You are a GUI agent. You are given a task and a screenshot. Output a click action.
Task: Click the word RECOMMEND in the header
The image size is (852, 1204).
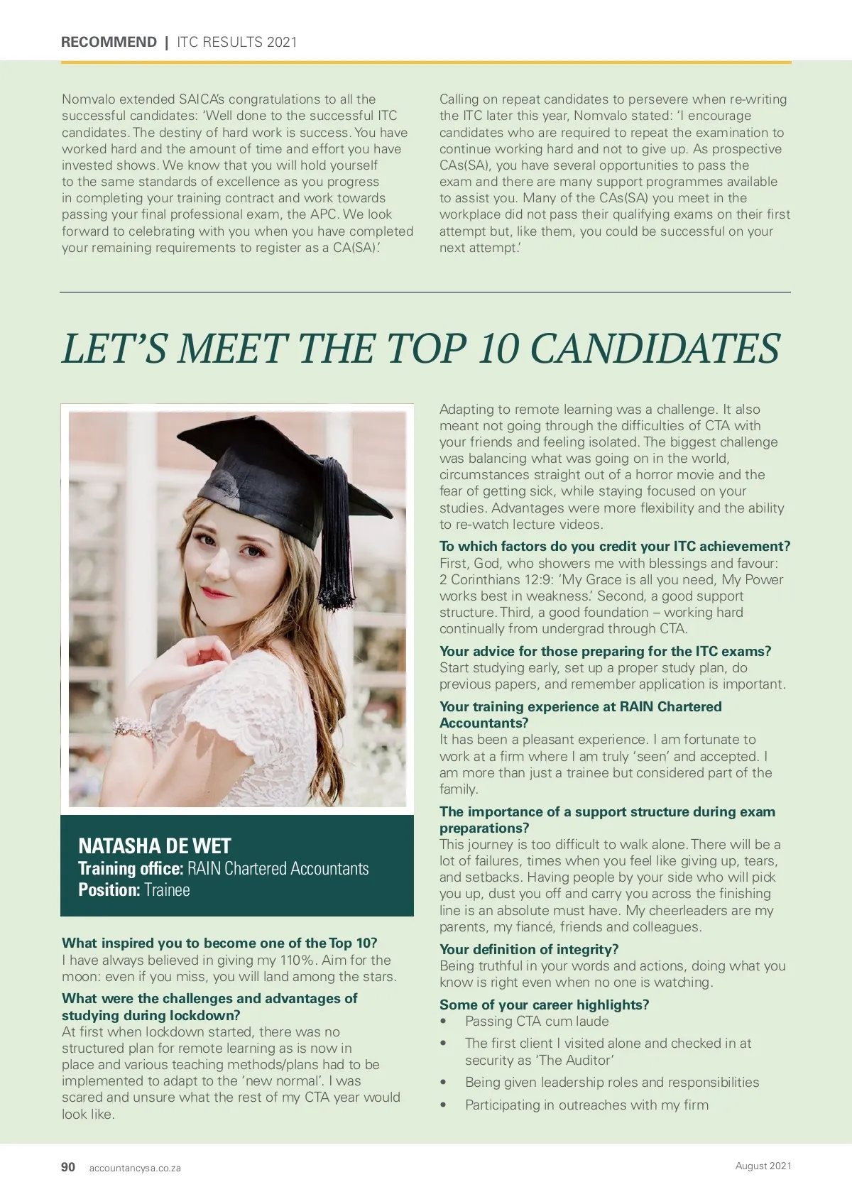[109, 42]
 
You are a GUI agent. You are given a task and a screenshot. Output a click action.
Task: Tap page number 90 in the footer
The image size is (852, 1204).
[68, 1167]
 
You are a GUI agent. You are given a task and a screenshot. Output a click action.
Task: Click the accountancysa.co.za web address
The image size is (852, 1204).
[135, 1169]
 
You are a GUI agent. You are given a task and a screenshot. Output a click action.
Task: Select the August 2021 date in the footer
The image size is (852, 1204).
[763, 1166]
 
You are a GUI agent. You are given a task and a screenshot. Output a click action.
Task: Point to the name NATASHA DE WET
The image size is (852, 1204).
[155, 846]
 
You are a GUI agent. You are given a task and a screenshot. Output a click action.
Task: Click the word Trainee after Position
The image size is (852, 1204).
[167, 890]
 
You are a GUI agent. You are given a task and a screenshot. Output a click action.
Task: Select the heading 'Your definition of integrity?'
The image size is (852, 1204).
[529, 950]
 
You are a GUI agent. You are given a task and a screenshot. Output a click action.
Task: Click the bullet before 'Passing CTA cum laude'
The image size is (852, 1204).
[444, 1022]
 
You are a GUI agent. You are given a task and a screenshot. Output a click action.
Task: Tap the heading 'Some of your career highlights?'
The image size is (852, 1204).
[544, 1005]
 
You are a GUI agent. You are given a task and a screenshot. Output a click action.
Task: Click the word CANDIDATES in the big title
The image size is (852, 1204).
[655, 349]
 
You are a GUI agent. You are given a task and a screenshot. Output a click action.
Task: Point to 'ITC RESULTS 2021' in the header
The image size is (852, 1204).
[237, 42]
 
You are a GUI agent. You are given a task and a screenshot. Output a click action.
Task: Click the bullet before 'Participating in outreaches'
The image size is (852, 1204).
[444, 1105]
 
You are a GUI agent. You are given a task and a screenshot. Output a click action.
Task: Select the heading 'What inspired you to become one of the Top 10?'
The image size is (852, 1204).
[219, 943]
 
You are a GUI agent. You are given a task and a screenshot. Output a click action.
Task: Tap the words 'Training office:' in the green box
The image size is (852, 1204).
[131, 869]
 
